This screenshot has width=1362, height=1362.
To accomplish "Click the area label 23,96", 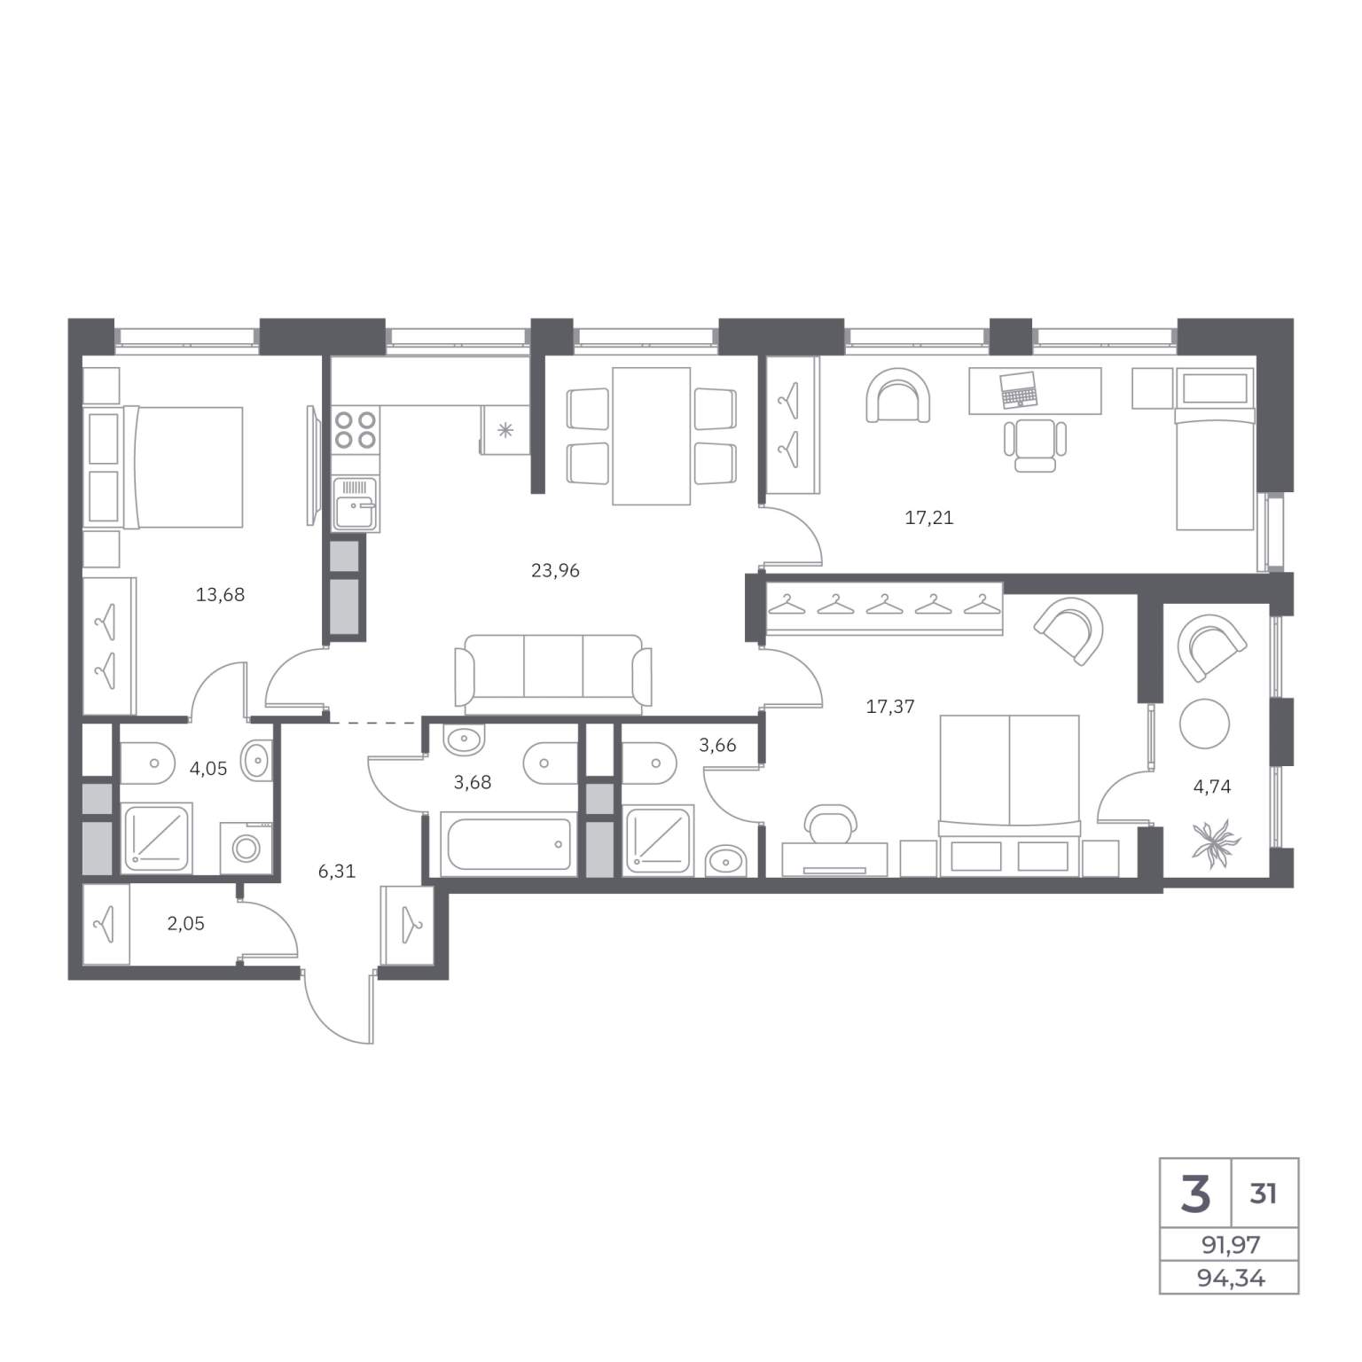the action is coord(555,570).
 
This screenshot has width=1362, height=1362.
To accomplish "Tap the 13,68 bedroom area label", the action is coord(220,595).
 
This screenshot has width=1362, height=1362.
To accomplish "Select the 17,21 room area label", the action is coord(929,517).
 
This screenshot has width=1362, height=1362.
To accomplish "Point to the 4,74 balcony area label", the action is coord(1212,786).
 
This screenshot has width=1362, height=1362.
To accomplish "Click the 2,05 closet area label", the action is coord(186,923).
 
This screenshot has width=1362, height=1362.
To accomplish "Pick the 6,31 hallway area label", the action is coord(337,871).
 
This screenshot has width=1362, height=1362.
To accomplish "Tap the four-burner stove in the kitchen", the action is coord(356,429).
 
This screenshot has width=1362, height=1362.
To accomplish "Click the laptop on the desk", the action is coord(1019,389).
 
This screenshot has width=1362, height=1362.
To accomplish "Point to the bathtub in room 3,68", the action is coord(510,844).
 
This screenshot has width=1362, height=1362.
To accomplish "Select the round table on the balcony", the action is coord(1204,724).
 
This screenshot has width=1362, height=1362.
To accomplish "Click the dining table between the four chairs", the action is coord(651,436).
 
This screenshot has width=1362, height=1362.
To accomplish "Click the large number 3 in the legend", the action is coord(1195,1194).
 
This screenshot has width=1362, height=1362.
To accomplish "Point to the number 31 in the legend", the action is coord(1264,1194).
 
